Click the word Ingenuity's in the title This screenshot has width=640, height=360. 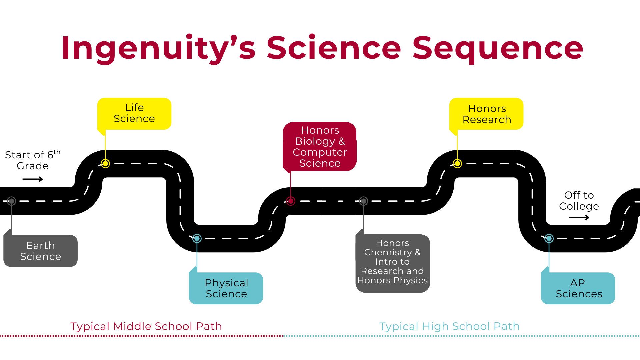point(158,48)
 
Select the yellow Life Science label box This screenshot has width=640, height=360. point(134,113)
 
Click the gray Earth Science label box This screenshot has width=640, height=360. point(41,251)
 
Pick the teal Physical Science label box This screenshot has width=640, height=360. point(226,288)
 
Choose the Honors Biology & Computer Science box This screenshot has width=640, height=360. point(320,147)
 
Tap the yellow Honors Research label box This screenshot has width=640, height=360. point(487,114)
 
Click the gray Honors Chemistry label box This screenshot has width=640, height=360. point(393,263)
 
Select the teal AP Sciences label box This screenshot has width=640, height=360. point(578,288)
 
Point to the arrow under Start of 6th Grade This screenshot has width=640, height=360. point(33,179)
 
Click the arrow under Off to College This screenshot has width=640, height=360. point(579,218)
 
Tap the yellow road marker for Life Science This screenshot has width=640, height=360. point(105,164)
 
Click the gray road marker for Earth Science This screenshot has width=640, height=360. point(12,201)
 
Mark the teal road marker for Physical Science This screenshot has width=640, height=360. point(197,238)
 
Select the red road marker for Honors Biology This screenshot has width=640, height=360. point(291,201)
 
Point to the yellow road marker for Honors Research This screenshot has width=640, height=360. point(457,164)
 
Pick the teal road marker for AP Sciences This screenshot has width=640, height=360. point(549,238)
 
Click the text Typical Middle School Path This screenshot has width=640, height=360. point(146,326)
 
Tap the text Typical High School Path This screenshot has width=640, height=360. point(449,326)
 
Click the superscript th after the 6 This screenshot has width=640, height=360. point(57,152)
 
